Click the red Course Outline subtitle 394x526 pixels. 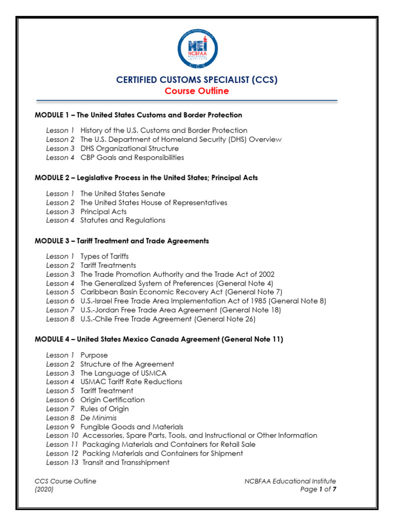click(x=197, y=91)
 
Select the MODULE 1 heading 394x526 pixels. click(x=139, y=115)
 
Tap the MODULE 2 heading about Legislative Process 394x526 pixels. click(x=146, y=178)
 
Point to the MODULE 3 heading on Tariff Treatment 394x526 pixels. click(x=122, y=240)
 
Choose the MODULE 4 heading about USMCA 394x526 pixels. click(x=159, y=340)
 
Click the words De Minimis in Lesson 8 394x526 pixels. click(x=98, y=418)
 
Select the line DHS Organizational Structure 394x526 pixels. click(x=129, y=148)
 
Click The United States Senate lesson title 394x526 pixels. click(x=123, y=194)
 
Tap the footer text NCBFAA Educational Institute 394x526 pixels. click(x=290, y=481)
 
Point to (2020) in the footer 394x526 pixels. click(x=44, y=490)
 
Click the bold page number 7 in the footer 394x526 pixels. click(x=334, y=490)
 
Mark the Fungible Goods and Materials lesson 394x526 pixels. click(x=131, y=426)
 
